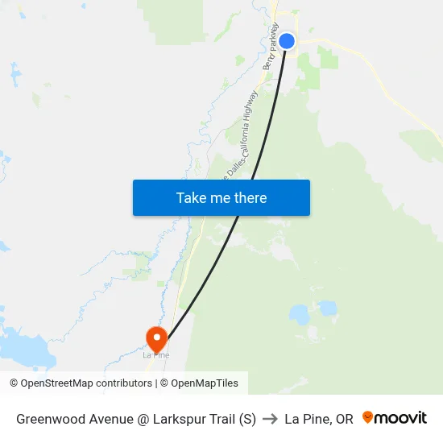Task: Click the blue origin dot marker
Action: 286,41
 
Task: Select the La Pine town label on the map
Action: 155,355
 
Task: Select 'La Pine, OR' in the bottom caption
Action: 319,419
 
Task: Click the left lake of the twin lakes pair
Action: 298,313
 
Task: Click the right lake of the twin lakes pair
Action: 326,308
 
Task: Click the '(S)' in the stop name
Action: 246,419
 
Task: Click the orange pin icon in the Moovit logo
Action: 368,417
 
